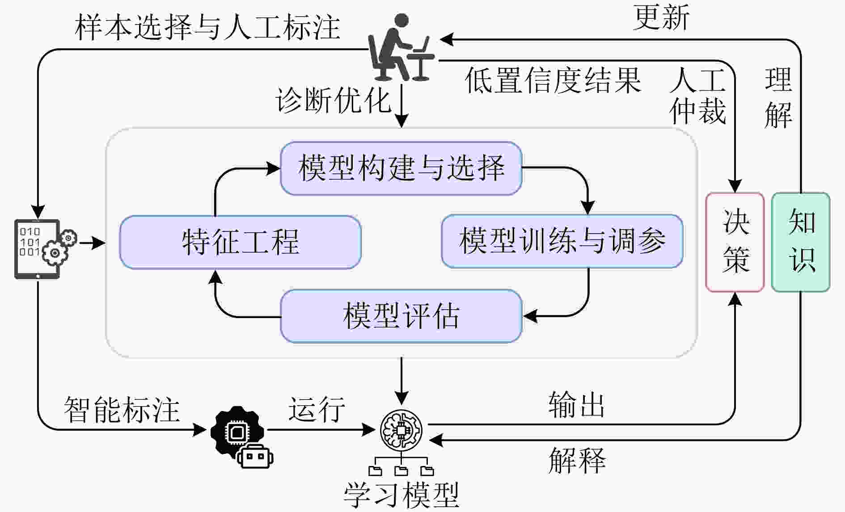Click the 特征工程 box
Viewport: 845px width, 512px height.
pos(240,242)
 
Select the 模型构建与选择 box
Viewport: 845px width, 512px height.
pos(401,168)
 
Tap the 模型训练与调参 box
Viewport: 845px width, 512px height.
pos(562,241)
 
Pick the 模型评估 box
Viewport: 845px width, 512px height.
pos(401,316)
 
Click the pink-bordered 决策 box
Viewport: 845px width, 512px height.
pos(735,242)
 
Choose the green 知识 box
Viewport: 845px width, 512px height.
pos(800,242)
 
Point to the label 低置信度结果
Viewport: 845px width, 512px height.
pos(553,81)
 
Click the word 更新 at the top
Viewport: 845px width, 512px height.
pos(661,18)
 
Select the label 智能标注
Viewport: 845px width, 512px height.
pos(122,409)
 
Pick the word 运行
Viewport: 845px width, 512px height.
pos(316,409)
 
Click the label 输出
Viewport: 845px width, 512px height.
pos(576,405)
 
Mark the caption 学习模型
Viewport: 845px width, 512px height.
pos(401,495)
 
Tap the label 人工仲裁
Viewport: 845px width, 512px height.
pos(697,95)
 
